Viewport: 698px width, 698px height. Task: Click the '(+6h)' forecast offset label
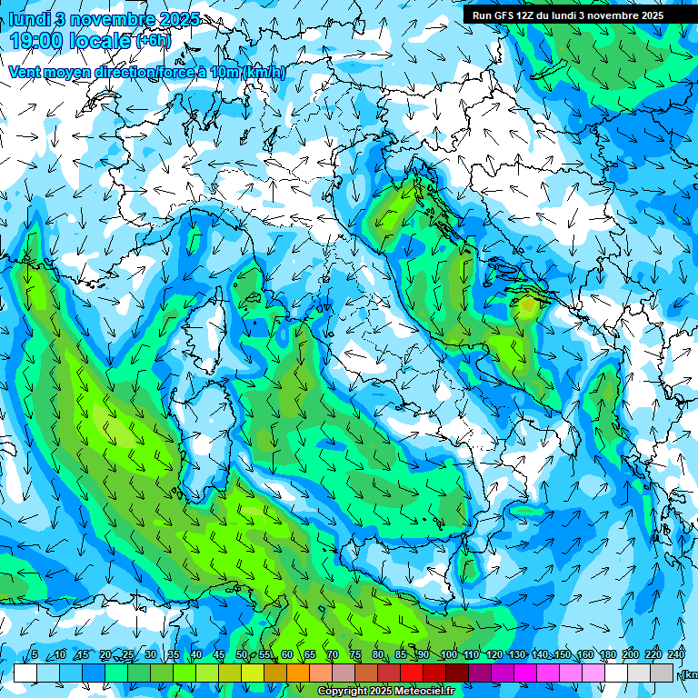point(153,41)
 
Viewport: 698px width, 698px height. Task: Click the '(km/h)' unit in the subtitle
point(264,73)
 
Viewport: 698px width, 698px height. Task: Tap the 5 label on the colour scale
point(34,655)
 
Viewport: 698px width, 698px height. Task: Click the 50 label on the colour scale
point(241,655)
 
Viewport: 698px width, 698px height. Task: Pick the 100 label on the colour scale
point(447,655)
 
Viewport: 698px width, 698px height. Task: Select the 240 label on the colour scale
point(676,655)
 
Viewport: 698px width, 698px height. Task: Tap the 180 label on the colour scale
point(607,655)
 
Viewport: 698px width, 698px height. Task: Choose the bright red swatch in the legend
point(412,673)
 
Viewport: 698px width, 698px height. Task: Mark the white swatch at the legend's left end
point(25,673)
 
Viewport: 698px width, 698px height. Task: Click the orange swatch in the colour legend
point(297,673)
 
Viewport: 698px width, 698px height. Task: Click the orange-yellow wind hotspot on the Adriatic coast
point(526,306)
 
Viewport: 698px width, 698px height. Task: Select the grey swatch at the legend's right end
point(663,673)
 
